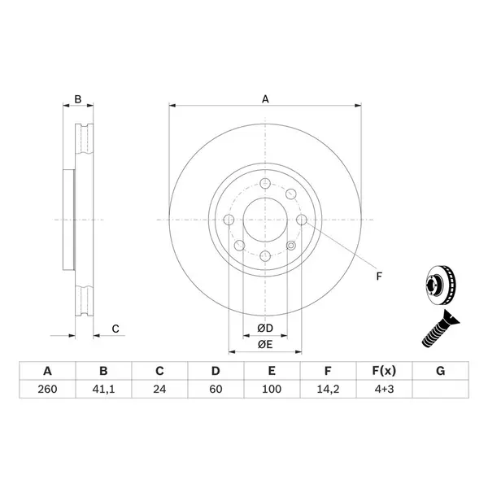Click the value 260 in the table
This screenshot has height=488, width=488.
pos(47,389)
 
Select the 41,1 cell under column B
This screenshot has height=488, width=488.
pos(103,389)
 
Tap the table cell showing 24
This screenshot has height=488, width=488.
pos(159,389)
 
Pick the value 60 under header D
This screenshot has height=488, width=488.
pos(216,389)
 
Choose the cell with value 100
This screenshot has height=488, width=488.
pos(272,389)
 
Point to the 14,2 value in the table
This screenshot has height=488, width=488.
pos(328,389)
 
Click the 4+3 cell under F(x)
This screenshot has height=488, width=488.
pos(384,389)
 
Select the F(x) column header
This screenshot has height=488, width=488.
pos(384,371)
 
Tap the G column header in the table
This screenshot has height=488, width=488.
pos(440,371)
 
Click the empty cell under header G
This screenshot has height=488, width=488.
pos(440,389)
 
